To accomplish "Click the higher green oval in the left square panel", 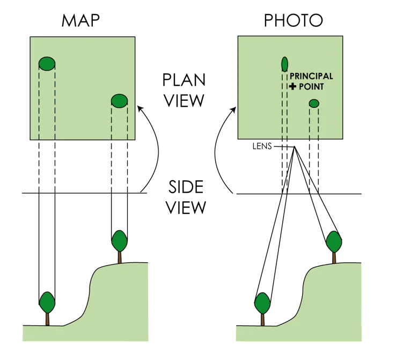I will [47, 64].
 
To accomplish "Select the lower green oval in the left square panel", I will [119, 100].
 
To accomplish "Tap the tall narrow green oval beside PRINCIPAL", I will [284, 63].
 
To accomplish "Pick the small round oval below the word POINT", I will [314, 103].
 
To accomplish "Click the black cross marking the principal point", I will [292, 86].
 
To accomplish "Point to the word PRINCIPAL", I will [311, 77].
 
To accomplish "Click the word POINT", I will [312, 86].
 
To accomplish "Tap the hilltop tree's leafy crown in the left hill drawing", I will [120, 240].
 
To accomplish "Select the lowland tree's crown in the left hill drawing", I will [47, 303].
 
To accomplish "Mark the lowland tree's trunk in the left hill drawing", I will [47, 319].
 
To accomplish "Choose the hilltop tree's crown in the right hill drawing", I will [334, 241].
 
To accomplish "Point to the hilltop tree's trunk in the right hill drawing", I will [334, 258].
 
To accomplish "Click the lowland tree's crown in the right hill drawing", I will [262, 303].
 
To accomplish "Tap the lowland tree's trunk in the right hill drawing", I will [262, 319].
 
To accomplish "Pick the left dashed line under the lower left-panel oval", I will [112, 123].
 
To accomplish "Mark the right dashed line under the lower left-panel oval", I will [127, 123].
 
